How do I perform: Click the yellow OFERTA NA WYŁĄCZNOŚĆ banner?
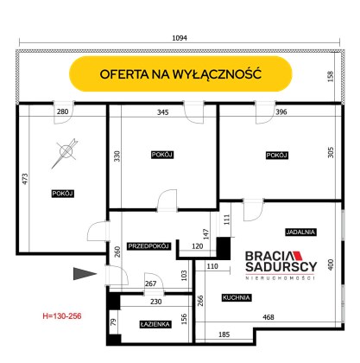point(180,74)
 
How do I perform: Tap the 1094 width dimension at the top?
point(180,38)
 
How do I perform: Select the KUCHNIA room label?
point(237,297)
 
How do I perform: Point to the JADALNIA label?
point(301,232)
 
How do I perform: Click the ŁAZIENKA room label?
point(155,324)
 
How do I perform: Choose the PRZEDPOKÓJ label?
point(148,246)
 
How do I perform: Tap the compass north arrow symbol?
point(65,153)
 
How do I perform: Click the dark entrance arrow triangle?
point(85,274)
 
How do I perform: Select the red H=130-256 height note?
point(62,316)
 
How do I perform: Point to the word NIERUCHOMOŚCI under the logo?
point(280,277)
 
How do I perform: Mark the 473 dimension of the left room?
point(25,179)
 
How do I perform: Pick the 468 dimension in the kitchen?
point(268,317)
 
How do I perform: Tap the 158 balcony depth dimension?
point(331,76)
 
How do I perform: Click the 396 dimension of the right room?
point(281,111)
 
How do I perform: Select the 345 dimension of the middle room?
point(163,112)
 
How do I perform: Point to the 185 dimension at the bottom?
point(224,334)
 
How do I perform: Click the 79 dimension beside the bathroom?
point(114,322)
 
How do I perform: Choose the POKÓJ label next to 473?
point(63,194)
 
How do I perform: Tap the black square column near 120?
point(224,249)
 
